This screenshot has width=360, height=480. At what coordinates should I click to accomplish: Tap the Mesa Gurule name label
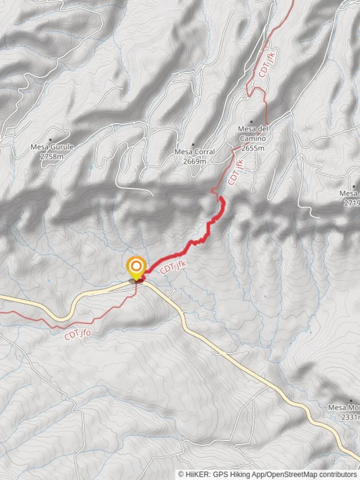point(52,147)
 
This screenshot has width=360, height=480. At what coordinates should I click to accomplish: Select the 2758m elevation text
point(52,156)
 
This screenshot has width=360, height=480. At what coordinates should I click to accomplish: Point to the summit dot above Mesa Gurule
point(50,140)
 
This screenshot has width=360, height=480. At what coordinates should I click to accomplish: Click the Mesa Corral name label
point(194,152)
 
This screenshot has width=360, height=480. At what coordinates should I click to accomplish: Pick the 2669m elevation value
point(194,161)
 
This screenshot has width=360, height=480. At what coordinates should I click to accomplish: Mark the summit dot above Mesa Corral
point(193,144)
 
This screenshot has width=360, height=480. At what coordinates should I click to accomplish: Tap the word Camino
point(252,139)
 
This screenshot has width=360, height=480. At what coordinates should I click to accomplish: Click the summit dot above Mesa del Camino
point(251,121)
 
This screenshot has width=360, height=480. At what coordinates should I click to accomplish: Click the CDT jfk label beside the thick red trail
point(172,268)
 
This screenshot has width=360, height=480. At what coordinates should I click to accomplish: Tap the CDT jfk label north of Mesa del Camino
point(267,65)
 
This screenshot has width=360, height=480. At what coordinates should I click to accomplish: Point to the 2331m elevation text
point(349,417)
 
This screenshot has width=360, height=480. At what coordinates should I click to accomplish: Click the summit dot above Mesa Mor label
point(351,400)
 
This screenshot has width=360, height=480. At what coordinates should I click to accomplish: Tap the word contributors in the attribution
point(339,474)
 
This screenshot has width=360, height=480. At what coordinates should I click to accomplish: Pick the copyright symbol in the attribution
point(181,474)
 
